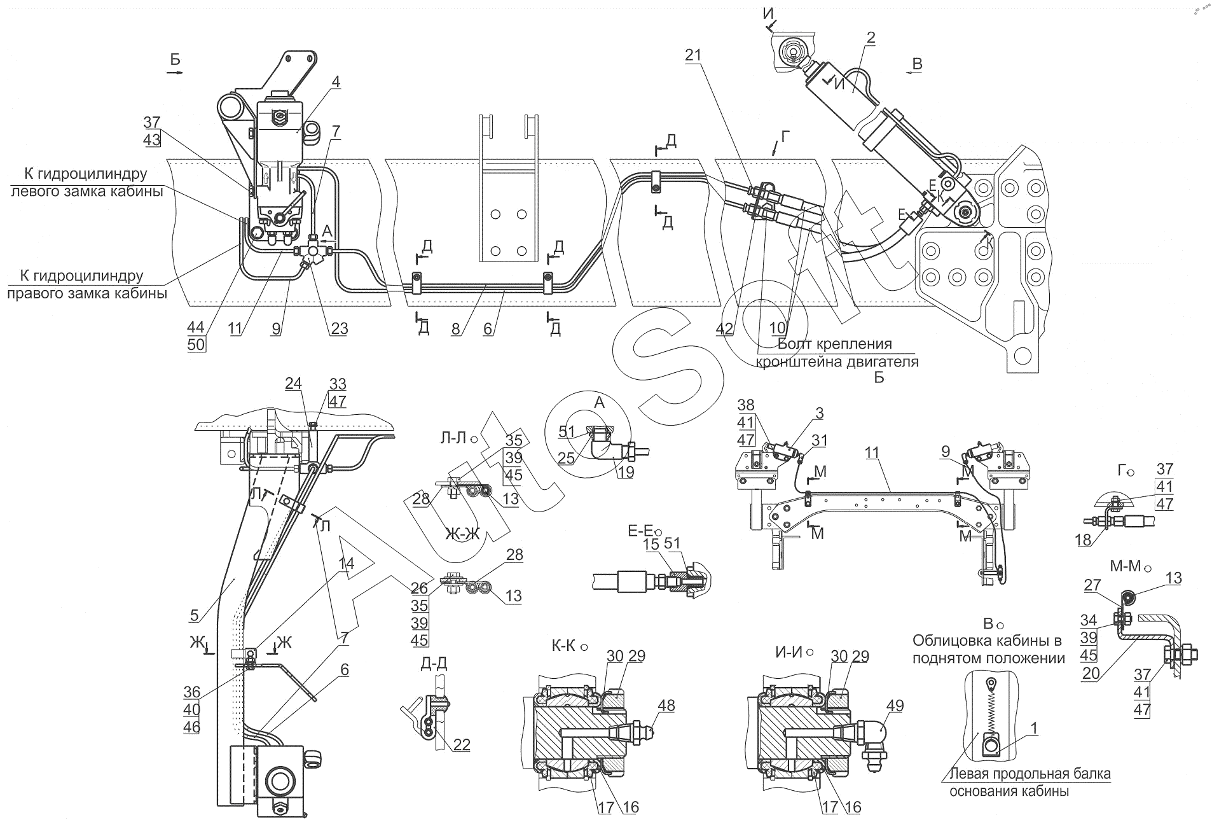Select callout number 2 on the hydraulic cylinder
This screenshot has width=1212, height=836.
871,38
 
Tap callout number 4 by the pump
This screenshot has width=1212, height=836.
336,82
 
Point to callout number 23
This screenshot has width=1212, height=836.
340,329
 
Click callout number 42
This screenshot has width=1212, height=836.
724,329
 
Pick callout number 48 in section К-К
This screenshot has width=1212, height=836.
666,706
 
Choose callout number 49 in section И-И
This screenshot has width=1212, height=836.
895,706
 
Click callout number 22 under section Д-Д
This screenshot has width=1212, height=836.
462,745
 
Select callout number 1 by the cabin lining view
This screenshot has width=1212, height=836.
1035,730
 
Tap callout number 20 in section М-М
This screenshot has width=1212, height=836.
1091,674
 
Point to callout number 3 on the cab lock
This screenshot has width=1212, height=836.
820,414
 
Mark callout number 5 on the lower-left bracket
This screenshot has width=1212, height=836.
195,615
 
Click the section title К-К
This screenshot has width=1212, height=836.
564,646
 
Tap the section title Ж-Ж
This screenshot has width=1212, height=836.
462,534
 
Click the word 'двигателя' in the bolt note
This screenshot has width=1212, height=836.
879,362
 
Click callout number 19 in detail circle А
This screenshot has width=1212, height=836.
626,473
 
